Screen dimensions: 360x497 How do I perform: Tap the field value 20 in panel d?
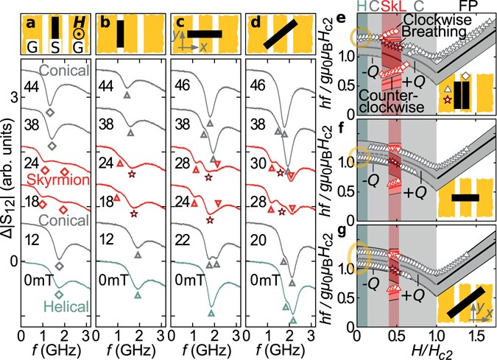click(x=255, y=236)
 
